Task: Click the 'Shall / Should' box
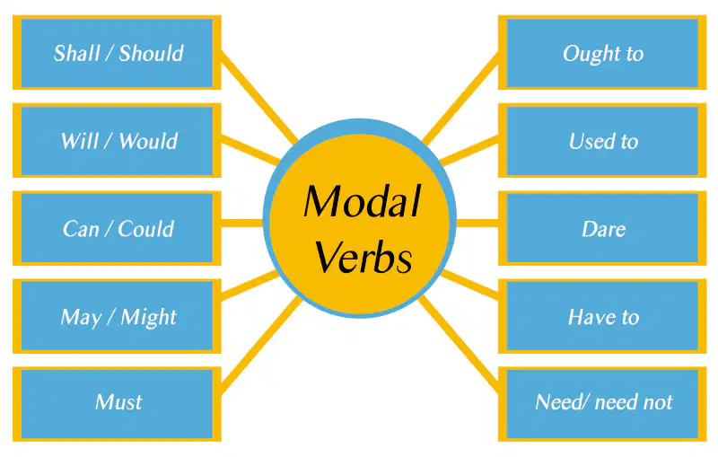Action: (x=117, y=53)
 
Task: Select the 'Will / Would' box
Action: (x=117, y=141)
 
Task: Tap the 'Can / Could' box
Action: (x=117, y=229)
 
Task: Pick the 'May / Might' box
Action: (x=117, y=317)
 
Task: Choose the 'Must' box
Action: (x=117, y=403)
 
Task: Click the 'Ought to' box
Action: (x=602, y=53)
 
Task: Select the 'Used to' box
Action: (x=602, y=141)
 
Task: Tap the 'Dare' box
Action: (x=602, y=229)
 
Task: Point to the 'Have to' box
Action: (x=602, y=317)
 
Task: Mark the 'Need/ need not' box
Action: (x=602, y=403)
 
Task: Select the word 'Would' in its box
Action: (x=148, y=141)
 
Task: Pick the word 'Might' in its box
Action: (x=149, y=318)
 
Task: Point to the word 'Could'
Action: (x=146, y=229)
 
